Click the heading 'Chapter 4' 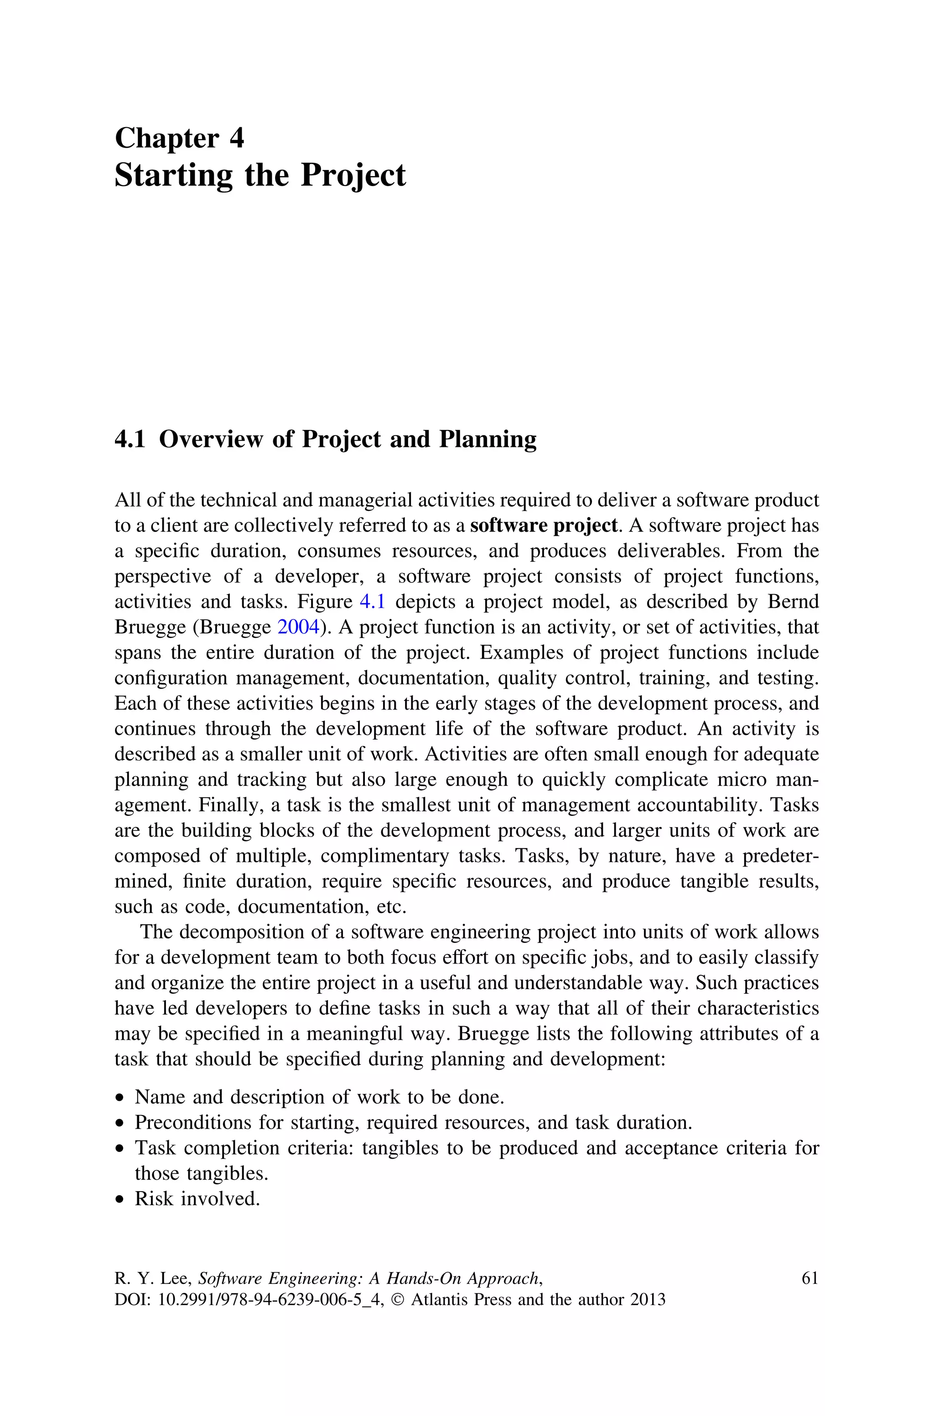tap(179, 138)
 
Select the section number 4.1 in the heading tap(130, 440)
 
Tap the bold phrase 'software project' tap(543, 526)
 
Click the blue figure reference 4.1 tap(372, 602)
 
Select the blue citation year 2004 tap(298, 628)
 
